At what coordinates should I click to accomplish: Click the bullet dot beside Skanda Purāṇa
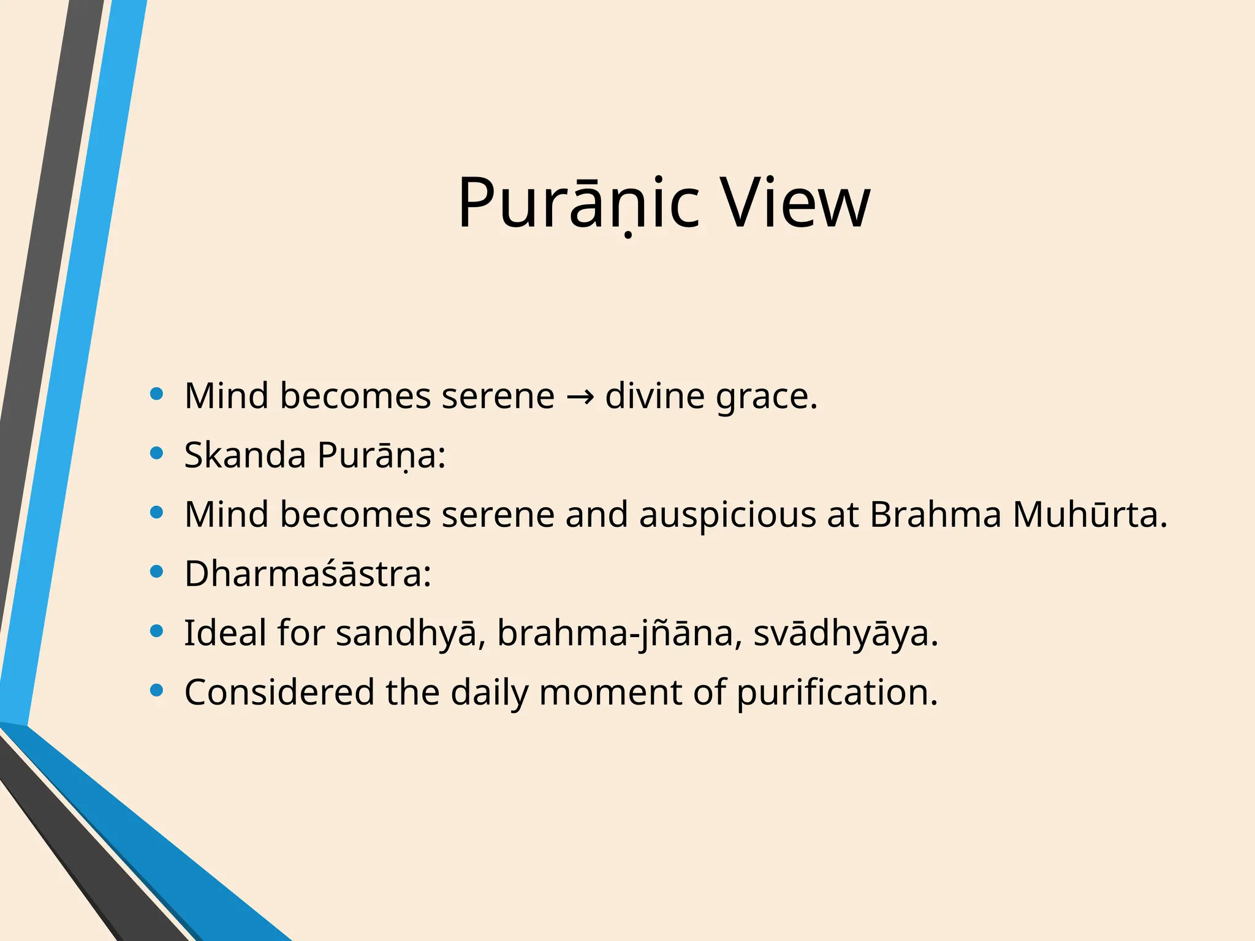(157, 453)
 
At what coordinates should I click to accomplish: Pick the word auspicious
(727, 515)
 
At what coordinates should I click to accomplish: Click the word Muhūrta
(1090, 514)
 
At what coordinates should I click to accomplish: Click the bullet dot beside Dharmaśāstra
(157, 572)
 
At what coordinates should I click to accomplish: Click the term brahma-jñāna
(615, 633)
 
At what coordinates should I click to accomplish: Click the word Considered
(279, 692)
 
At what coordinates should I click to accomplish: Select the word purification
(836, 693)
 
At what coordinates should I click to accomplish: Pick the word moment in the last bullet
(610, 692)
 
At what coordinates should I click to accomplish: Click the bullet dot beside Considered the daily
(157, 691)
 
